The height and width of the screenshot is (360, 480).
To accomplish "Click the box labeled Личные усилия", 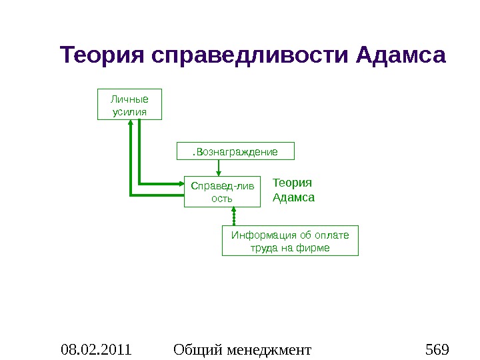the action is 130,104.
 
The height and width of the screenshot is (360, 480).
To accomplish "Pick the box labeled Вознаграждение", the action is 235,151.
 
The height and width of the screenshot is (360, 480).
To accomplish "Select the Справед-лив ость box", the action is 222,191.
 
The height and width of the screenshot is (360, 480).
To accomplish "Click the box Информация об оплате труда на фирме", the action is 290,241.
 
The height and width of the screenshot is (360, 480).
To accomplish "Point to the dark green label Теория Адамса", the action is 293,190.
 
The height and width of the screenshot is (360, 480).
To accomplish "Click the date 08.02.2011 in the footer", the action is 96,349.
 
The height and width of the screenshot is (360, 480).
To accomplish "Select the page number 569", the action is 437,349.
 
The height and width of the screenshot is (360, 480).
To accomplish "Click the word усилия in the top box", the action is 130,111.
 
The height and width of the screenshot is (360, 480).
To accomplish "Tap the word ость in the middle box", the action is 222,198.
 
